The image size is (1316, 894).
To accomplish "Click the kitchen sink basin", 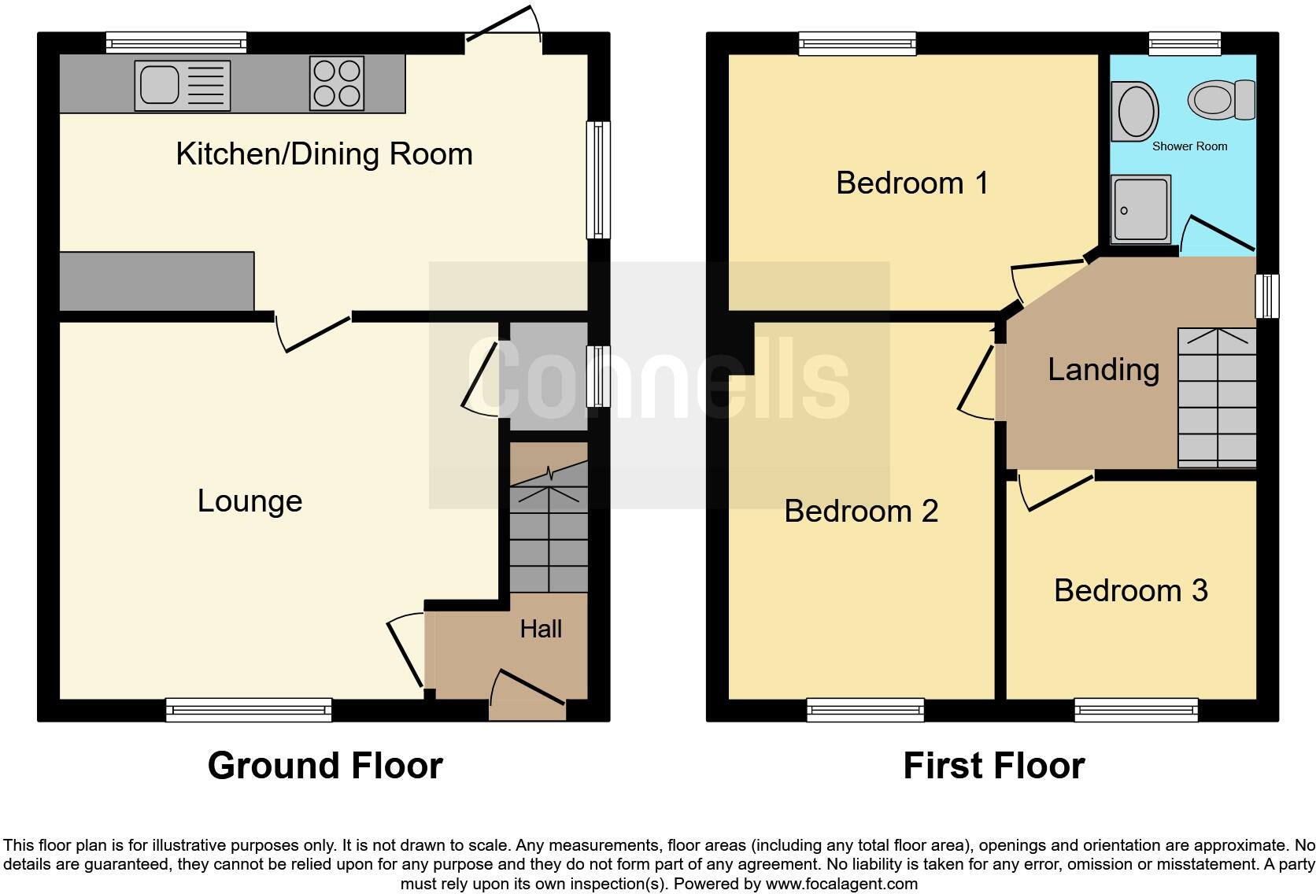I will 161,85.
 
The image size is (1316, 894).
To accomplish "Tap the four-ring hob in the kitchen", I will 337,83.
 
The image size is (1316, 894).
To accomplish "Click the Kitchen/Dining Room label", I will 324,154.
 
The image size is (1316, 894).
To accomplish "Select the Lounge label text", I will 250,501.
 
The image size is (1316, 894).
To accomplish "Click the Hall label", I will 541,629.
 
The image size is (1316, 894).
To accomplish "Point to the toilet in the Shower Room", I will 1219,101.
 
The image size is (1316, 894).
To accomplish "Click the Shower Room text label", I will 1189,146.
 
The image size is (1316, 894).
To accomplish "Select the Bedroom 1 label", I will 911,183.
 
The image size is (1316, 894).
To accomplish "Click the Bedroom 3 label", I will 1130,591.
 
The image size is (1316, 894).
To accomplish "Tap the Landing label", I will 1103,370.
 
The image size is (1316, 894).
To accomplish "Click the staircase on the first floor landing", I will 1216,398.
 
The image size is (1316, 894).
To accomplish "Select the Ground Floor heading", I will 325,766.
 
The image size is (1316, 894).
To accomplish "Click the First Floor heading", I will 993,766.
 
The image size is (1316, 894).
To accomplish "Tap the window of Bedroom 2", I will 865,711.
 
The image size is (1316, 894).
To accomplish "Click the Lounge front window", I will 249,711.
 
